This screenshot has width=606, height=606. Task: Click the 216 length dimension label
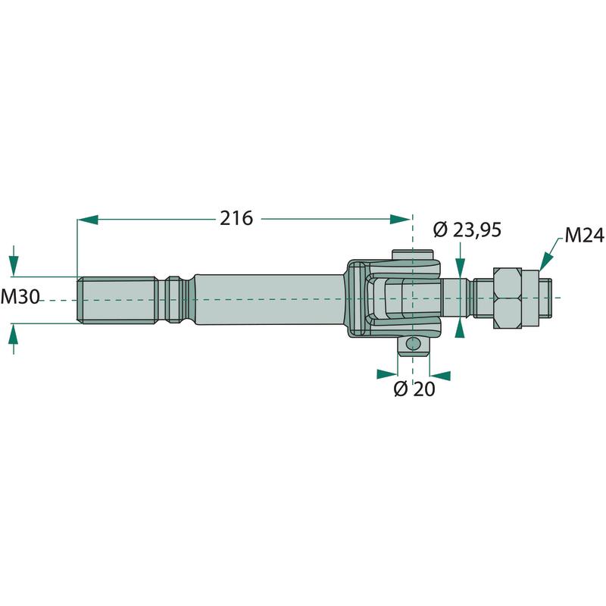[236, 218]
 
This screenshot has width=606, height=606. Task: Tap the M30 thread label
[20, 297]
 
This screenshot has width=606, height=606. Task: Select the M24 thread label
[584, 236]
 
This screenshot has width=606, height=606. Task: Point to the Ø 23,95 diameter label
[467, 230]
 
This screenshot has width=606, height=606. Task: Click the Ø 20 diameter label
[414, 389]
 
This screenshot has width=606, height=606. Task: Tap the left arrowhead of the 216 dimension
[87, 220]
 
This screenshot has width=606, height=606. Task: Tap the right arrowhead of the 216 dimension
[400, 219]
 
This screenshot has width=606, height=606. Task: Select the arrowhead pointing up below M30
[14, 333]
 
